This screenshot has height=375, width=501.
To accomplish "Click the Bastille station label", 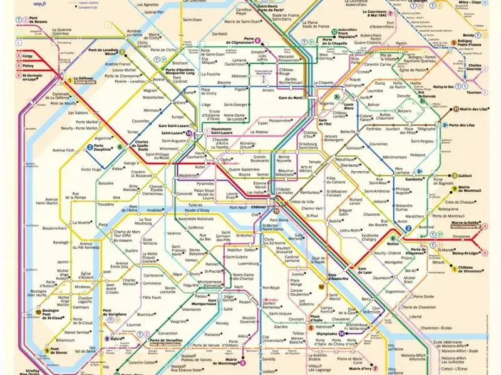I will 336,220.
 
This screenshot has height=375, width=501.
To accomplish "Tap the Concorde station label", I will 185,194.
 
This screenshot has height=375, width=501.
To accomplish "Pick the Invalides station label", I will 154,210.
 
